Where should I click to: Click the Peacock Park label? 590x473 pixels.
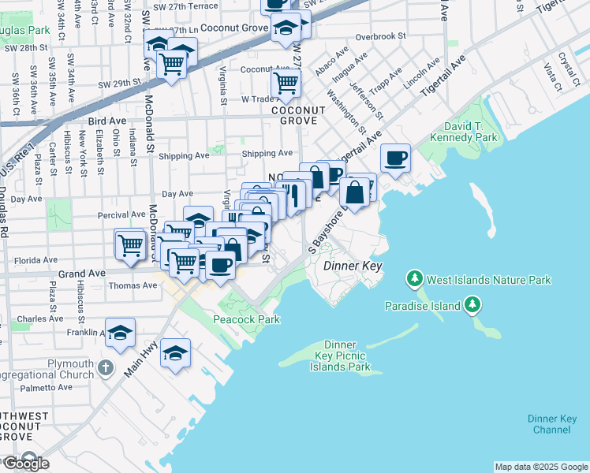click(x=247, y=319)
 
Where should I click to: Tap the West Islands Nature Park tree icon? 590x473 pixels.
click(x=413, y=279)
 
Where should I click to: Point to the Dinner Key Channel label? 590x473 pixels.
click(x=551, y=424)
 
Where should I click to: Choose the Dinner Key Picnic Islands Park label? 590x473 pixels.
click(x=340, y=356)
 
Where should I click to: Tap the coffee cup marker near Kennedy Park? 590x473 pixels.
click(x=395, y=158)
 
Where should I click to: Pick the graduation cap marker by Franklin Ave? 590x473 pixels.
click(x=120, y=333)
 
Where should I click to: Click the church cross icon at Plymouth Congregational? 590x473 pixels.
click(x=106, y=367)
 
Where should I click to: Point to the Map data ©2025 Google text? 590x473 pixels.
click(x=540, y=467)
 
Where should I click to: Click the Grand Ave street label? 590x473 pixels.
click(x=76, y=274)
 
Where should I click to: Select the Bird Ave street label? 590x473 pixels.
click(x=107, y=121)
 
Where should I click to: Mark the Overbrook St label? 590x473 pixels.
click(x=380, y=36)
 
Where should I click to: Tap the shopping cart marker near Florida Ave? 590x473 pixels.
click(x=129, y=244)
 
